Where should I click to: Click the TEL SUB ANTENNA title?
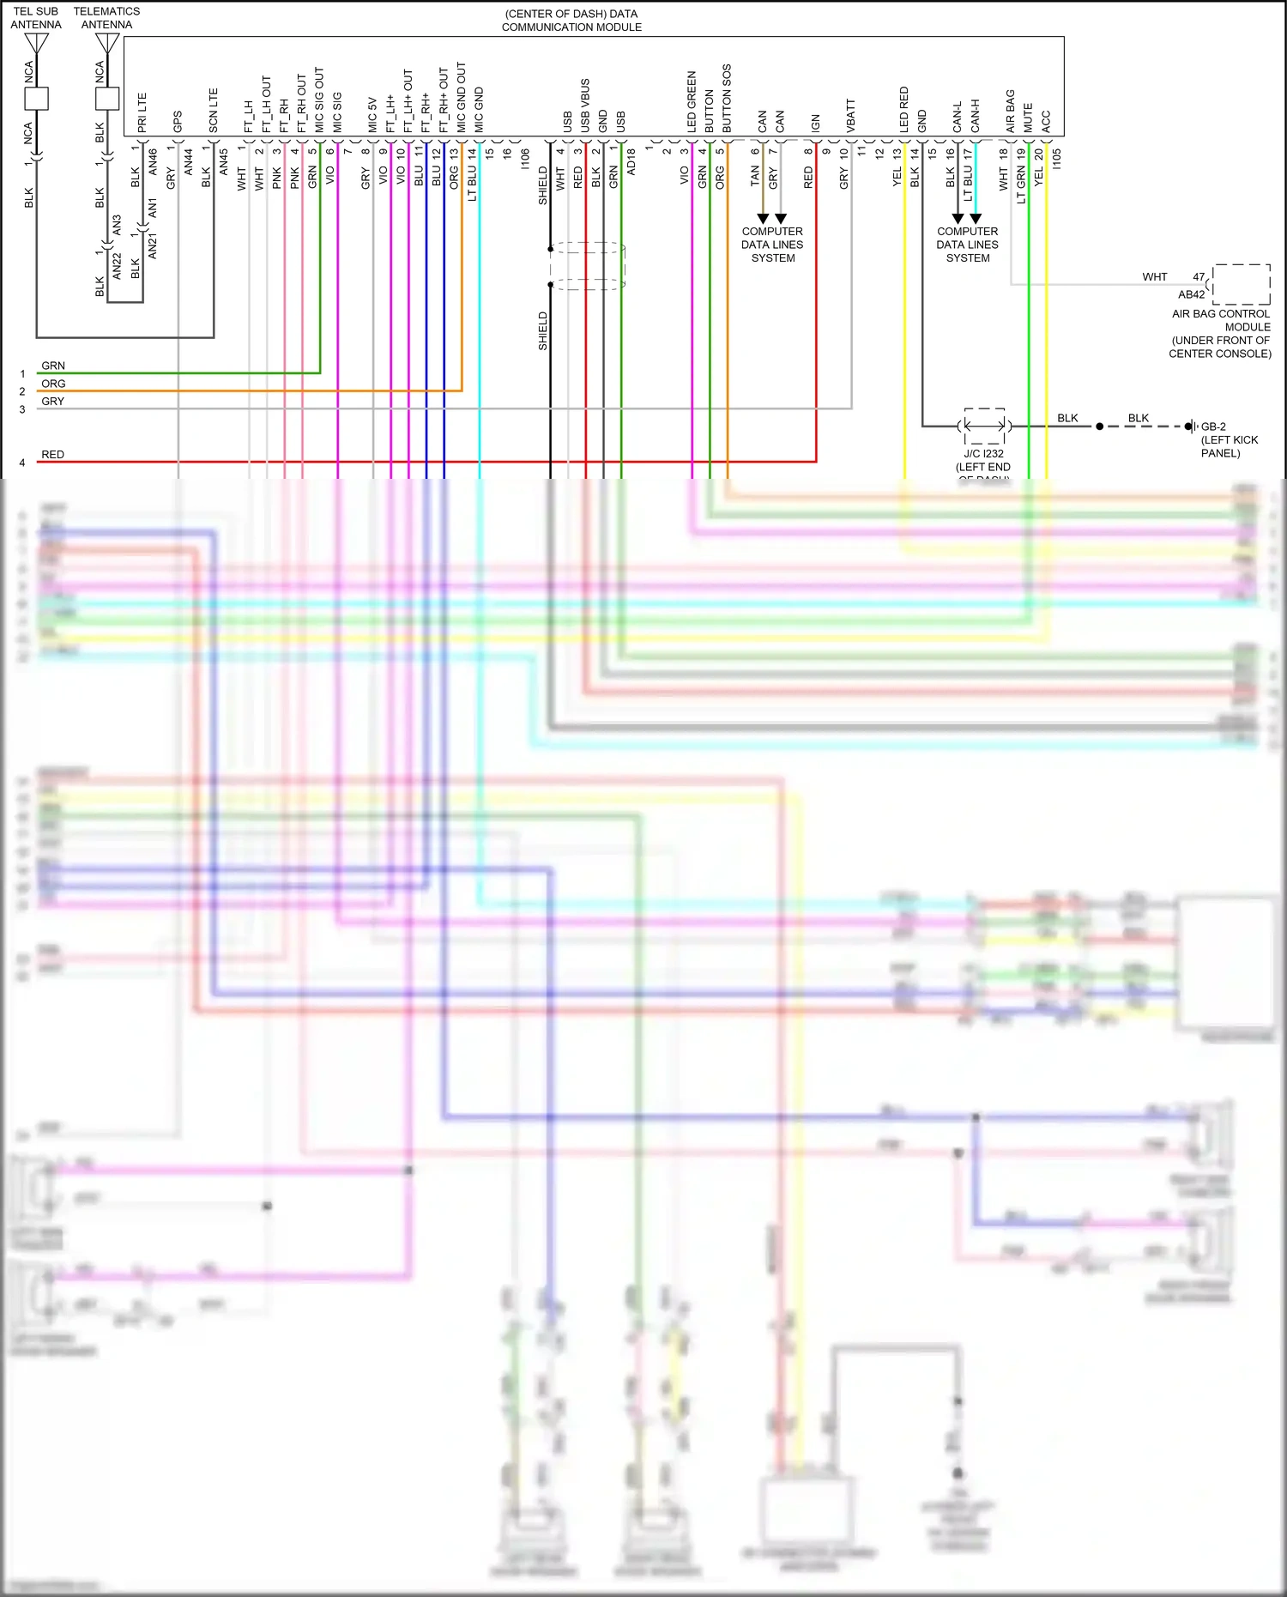coord(36,18)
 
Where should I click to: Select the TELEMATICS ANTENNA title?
coord(106,18)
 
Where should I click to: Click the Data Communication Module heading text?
coord(571,21)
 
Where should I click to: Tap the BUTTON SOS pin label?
coord(727,98)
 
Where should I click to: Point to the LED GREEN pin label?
coord(692,101)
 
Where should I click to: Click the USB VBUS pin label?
coord(585,106)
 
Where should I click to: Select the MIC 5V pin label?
coord(372,114)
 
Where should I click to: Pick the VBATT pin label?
coord(850,116)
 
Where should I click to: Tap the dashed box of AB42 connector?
coord(1241,284)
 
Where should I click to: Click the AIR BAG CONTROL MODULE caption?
coord(1220,334)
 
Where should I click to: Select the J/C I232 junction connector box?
coord(984,426)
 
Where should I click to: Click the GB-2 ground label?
coord(1213,426)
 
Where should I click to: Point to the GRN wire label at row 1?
coord(53,366)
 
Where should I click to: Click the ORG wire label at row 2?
coord(53,384)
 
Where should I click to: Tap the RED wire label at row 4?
coord(52,455)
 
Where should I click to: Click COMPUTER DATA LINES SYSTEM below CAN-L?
coord(967,245)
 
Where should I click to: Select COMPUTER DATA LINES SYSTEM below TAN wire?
coord(772,245)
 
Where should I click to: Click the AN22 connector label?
coord(118,265)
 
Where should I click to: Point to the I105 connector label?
coord(1056,159)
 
